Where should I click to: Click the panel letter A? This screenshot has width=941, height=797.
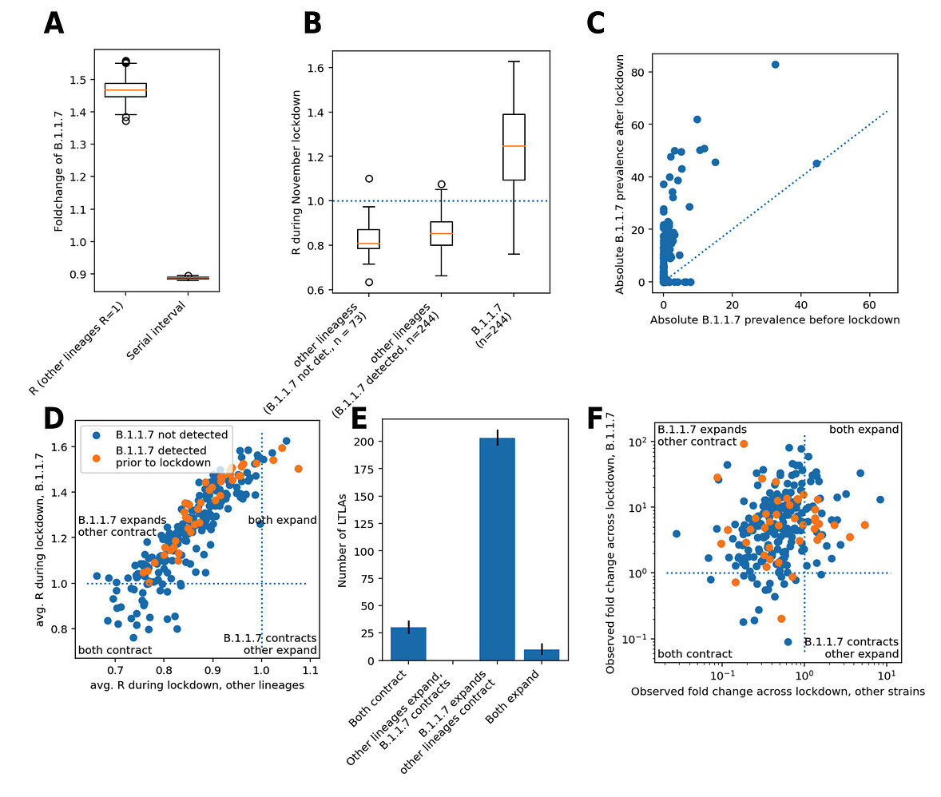click(x=54, y=23)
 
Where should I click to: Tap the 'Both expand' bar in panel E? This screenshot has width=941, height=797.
click(x=541, y=655)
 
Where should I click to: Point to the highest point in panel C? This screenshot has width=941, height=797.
click(x=775, y=64)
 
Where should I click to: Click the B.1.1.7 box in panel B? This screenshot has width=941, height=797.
click(x=514, y=147)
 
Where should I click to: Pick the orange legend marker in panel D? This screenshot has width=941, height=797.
click(x=97, y=458)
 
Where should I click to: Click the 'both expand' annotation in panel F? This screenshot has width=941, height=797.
click(x=864, y=429)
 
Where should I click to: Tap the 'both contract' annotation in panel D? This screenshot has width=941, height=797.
click(x=115, y=650)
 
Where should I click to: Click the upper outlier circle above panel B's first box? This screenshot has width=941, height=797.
click(x=369, y=179)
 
